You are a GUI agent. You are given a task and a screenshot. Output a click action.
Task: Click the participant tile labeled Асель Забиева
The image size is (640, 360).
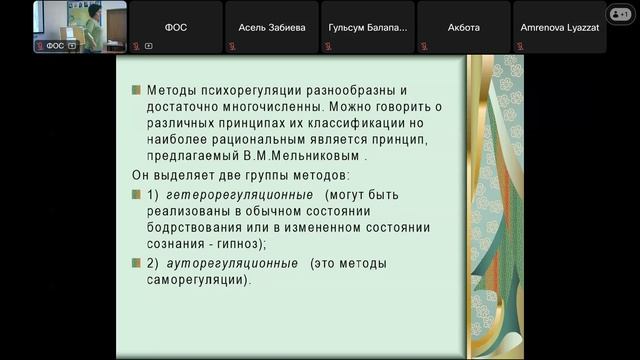click(x=272, y=28)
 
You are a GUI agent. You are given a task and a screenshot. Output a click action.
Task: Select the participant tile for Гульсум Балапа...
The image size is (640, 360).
click(x=368, y=28)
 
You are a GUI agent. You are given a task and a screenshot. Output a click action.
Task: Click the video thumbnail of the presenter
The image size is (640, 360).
click(x=80, y=26)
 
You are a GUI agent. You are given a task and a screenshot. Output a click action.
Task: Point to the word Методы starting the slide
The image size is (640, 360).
click(x=173, y=89)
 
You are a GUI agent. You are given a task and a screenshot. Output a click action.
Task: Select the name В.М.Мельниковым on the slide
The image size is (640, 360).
click(x=309, y=157)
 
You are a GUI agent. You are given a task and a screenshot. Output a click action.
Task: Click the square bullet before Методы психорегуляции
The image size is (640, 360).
click(x=136, y=90)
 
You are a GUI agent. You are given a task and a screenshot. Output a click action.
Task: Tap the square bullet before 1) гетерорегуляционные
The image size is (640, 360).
click(x=136, y=195)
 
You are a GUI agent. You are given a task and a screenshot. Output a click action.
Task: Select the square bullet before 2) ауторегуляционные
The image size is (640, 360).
click(x=136, y=264)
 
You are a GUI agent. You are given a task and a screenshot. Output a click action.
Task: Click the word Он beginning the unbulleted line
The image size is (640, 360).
click(x=141, y=175)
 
